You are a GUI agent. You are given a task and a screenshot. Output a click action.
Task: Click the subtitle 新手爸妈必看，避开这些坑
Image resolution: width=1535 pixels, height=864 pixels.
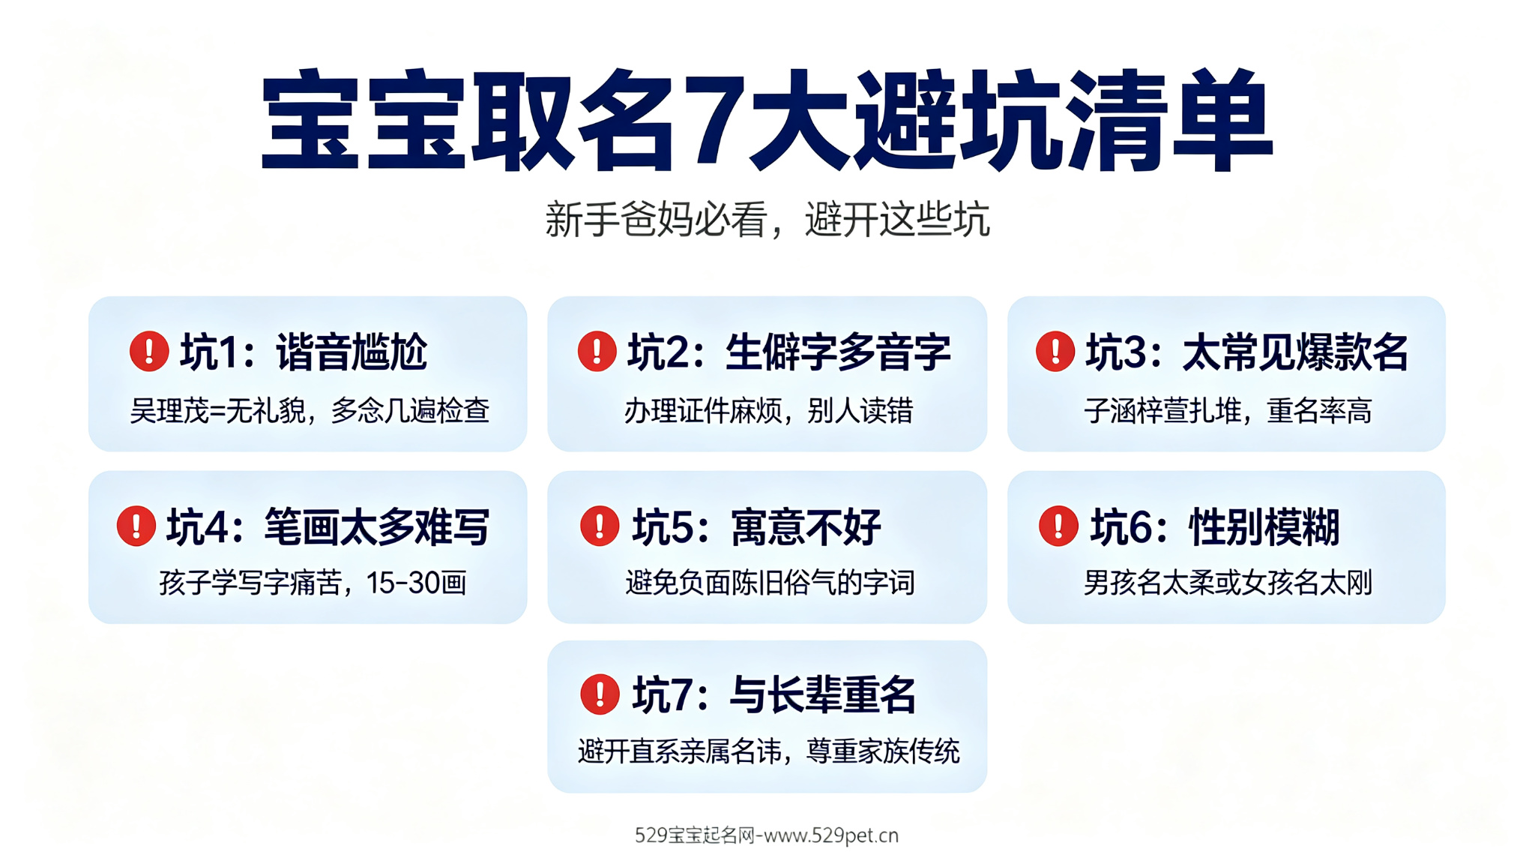click(x=767, y=220)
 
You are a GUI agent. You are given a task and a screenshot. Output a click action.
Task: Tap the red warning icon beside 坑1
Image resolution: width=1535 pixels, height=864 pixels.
click(x=149, y=351)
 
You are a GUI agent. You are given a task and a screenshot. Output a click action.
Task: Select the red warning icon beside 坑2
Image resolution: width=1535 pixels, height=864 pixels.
click(x=597, y=351)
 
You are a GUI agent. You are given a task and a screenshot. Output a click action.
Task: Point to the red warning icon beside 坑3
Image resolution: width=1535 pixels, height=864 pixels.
click(x=1055, y=351)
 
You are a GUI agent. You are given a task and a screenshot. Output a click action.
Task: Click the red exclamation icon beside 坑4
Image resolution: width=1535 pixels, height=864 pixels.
click(x=136, y=526)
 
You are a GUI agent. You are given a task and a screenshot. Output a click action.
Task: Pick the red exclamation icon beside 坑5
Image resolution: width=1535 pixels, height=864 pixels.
click(x=600, y=526)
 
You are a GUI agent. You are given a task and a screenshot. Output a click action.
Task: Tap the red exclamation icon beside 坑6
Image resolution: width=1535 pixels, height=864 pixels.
click(x=1058, y=526)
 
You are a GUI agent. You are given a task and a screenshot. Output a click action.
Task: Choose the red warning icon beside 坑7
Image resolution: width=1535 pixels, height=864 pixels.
click(x=600, y=694)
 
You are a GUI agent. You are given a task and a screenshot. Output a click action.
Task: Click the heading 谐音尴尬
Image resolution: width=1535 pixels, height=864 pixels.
click(x=352, y=352)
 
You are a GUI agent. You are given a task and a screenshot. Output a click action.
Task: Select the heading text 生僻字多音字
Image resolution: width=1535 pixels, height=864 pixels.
click(x=838, y=352)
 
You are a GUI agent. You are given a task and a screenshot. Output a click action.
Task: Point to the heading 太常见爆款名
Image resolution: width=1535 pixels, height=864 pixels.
click(x=1296, y=352)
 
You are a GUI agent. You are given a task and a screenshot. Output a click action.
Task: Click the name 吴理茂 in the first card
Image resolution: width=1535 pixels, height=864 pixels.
click(x=169, y=411)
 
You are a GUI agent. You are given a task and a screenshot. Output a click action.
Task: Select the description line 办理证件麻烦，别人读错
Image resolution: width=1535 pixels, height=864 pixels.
click(x=768, y=411)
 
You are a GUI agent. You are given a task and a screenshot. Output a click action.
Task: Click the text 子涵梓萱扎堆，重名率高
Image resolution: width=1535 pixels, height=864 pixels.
click(x=1228, y=411)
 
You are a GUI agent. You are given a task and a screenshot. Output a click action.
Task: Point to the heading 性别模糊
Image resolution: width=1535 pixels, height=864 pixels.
click(x=1264, y=526)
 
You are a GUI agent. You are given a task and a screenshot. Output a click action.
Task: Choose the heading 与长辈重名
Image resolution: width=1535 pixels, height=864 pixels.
click(x=823, y=694)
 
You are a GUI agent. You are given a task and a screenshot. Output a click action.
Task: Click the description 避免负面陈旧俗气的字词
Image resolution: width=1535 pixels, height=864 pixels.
click(x=770, y=583)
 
